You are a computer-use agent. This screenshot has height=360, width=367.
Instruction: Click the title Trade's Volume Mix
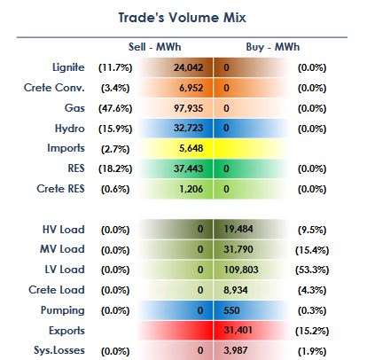[x=182, y=18]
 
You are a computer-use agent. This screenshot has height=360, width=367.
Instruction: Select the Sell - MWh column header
[x=154, y=47]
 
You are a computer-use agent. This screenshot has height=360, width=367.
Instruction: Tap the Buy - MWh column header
[x=273, y=47]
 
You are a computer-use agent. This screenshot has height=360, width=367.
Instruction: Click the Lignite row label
[x=68, y=67]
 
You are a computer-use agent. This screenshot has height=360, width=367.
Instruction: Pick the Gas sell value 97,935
[x=188, y=108]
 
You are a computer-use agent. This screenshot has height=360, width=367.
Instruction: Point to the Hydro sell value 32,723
[x=188, y=128]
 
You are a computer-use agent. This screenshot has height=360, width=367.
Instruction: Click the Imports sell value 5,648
[x=191, y=148]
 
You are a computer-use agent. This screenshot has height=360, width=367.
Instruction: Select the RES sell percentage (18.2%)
[x=115, y=168]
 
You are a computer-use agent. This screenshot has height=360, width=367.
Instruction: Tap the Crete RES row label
[x=60, y=189]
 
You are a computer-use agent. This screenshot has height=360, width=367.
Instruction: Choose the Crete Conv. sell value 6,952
[x=191, y=88]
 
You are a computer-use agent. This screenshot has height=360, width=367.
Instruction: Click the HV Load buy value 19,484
[x=238, y=229]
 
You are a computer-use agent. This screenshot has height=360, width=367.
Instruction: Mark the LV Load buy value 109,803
[x=241, y=270]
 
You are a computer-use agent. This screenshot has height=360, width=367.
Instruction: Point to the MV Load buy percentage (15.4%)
[x=312, y=250]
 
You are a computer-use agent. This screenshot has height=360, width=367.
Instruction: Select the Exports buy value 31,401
[x=238, y=330]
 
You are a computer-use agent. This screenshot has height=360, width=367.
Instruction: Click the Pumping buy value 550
[x=231, y=310]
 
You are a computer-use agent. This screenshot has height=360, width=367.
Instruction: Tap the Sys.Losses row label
[x=59, y=350]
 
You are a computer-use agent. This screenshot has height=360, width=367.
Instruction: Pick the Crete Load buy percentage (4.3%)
[x=312, y=290]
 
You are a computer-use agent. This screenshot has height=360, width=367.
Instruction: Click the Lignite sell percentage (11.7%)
[x=115, y=68]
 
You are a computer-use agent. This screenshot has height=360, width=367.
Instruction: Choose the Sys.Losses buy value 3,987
[x=236, y=350]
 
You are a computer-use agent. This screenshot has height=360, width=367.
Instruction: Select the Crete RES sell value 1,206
[x=191, y=189]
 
